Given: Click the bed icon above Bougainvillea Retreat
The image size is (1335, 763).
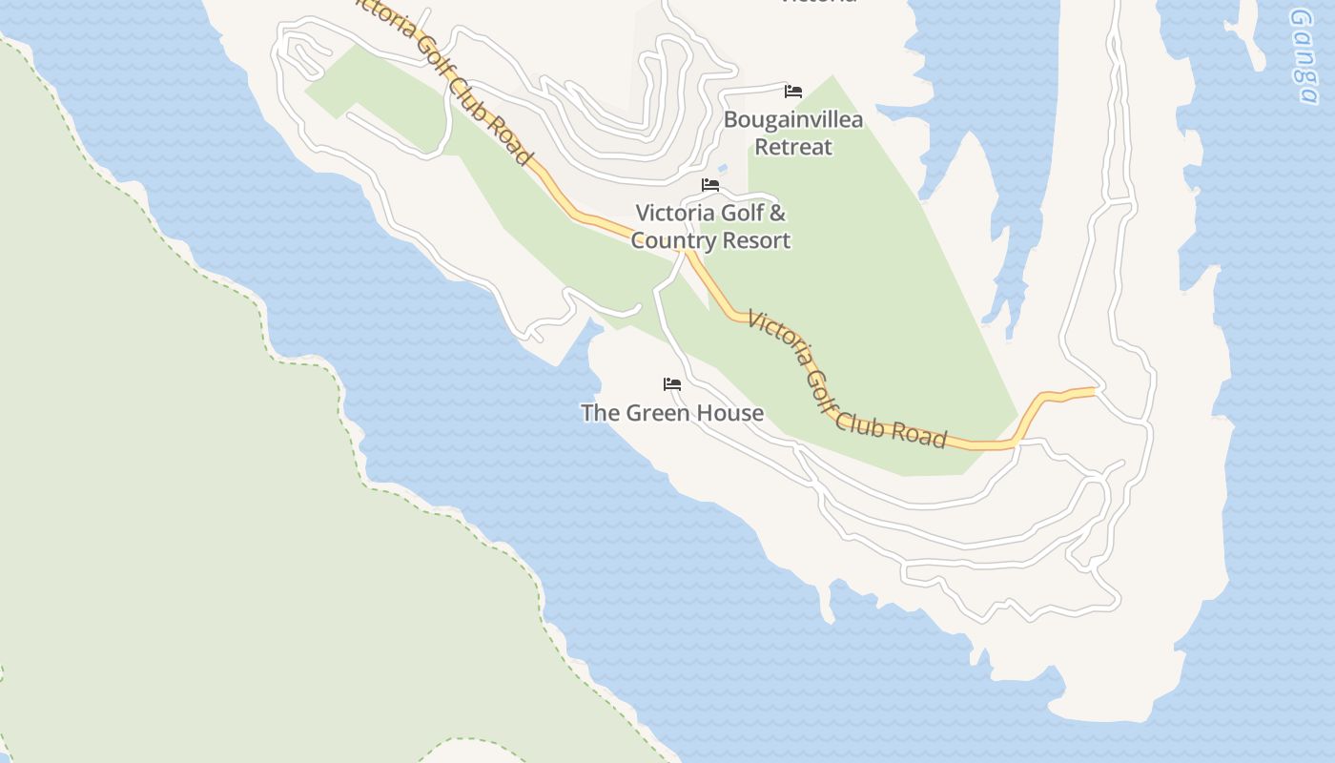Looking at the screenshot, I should [793, 92].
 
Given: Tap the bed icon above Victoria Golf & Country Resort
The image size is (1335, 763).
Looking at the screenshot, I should [710, 185].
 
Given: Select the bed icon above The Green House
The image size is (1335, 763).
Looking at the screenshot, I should [672, 384].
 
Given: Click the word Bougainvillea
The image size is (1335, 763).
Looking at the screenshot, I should [793, 120].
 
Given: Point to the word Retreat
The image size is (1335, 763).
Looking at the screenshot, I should [793, 147].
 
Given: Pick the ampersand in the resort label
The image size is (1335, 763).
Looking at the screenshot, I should [777, 213].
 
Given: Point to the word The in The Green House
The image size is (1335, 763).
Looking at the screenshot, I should [600, 413].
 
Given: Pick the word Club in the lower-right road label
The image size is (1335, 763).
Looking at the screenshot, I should [858, 416].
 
